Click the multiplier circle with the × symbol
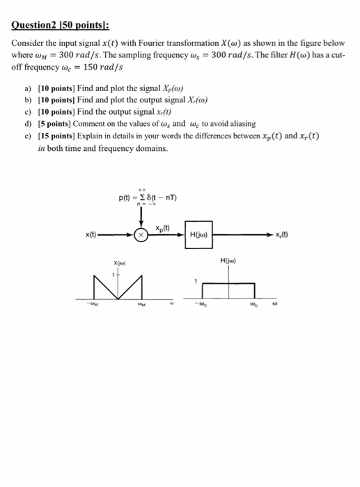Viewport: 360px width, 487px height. point(142,235)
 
